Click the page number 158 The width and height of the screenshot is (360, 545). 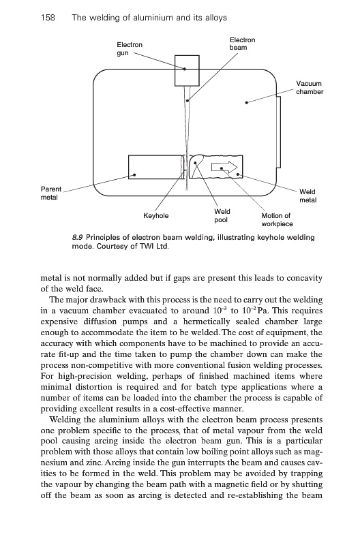(x=48, y=18)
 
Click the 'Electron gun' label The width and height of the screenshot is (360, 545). (x=130, y=49)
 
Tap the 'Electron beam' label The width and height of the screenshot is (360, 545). (x=243, y=44)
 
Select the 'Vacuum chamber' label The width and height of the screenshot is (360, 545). (x=310, y=88)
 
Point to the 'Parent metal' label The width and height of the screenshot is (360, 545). (x=50, y=193)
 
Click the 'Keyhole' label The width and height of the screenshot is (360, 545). (x=156, y=216)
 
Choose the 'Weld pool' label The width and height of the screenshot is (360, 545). (x=222, y=215)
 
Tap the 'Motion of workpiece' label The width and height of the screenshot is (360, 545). (x=277, y=219)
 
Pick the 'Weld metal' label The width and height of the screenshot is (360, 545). (x=307, y=196)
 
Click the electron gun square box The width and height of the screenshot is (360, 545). (x=187, y=71)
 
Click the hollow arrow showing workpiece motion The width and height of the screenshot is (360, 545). (x=224, y=168)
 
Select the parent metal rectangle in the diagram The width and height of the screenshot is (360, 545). (x=155, y=167)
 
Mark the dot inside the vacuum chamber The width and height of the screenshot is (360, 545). (x=247, y=103)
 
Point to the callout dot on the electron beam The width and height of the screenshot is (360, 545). (x=187, y=101)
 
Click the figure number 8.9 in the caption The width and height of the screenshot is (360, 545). (x=77, y=238)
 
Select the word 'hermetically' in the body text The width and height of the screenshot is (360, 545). (x=207, y=322)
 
